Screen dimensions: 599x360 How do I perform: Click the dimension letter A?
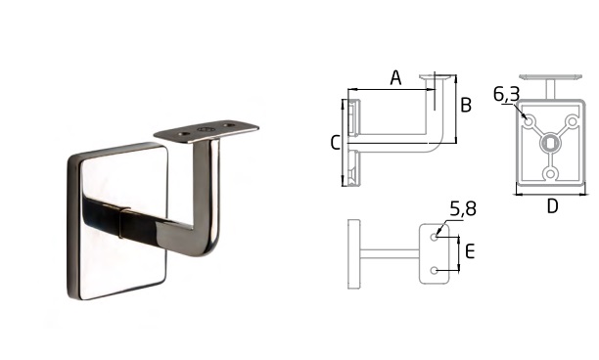pos(395,77)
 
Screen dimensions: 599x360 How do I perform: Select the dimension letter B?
pos(466,105)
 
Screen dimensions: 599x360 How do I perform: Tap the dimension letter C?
pos(335,143)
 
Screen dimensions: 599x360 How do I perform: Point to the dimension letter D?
pos(552,206)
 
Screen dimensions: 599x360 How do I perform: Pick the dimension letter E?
pos(470,252)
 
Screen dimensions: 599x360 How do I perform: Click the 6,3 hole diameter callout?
pos(506,94)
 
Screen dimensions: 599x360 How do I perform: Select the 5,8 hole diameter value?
pos(463,208)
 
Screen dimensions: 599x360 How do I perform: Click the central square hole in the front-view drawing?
pos(550,144)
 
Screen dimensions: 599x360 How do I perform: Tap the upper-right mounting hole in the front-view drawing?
pos(573,121)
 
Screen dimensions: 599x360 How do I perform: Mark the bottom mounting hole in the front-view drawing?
pos(550,174)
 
